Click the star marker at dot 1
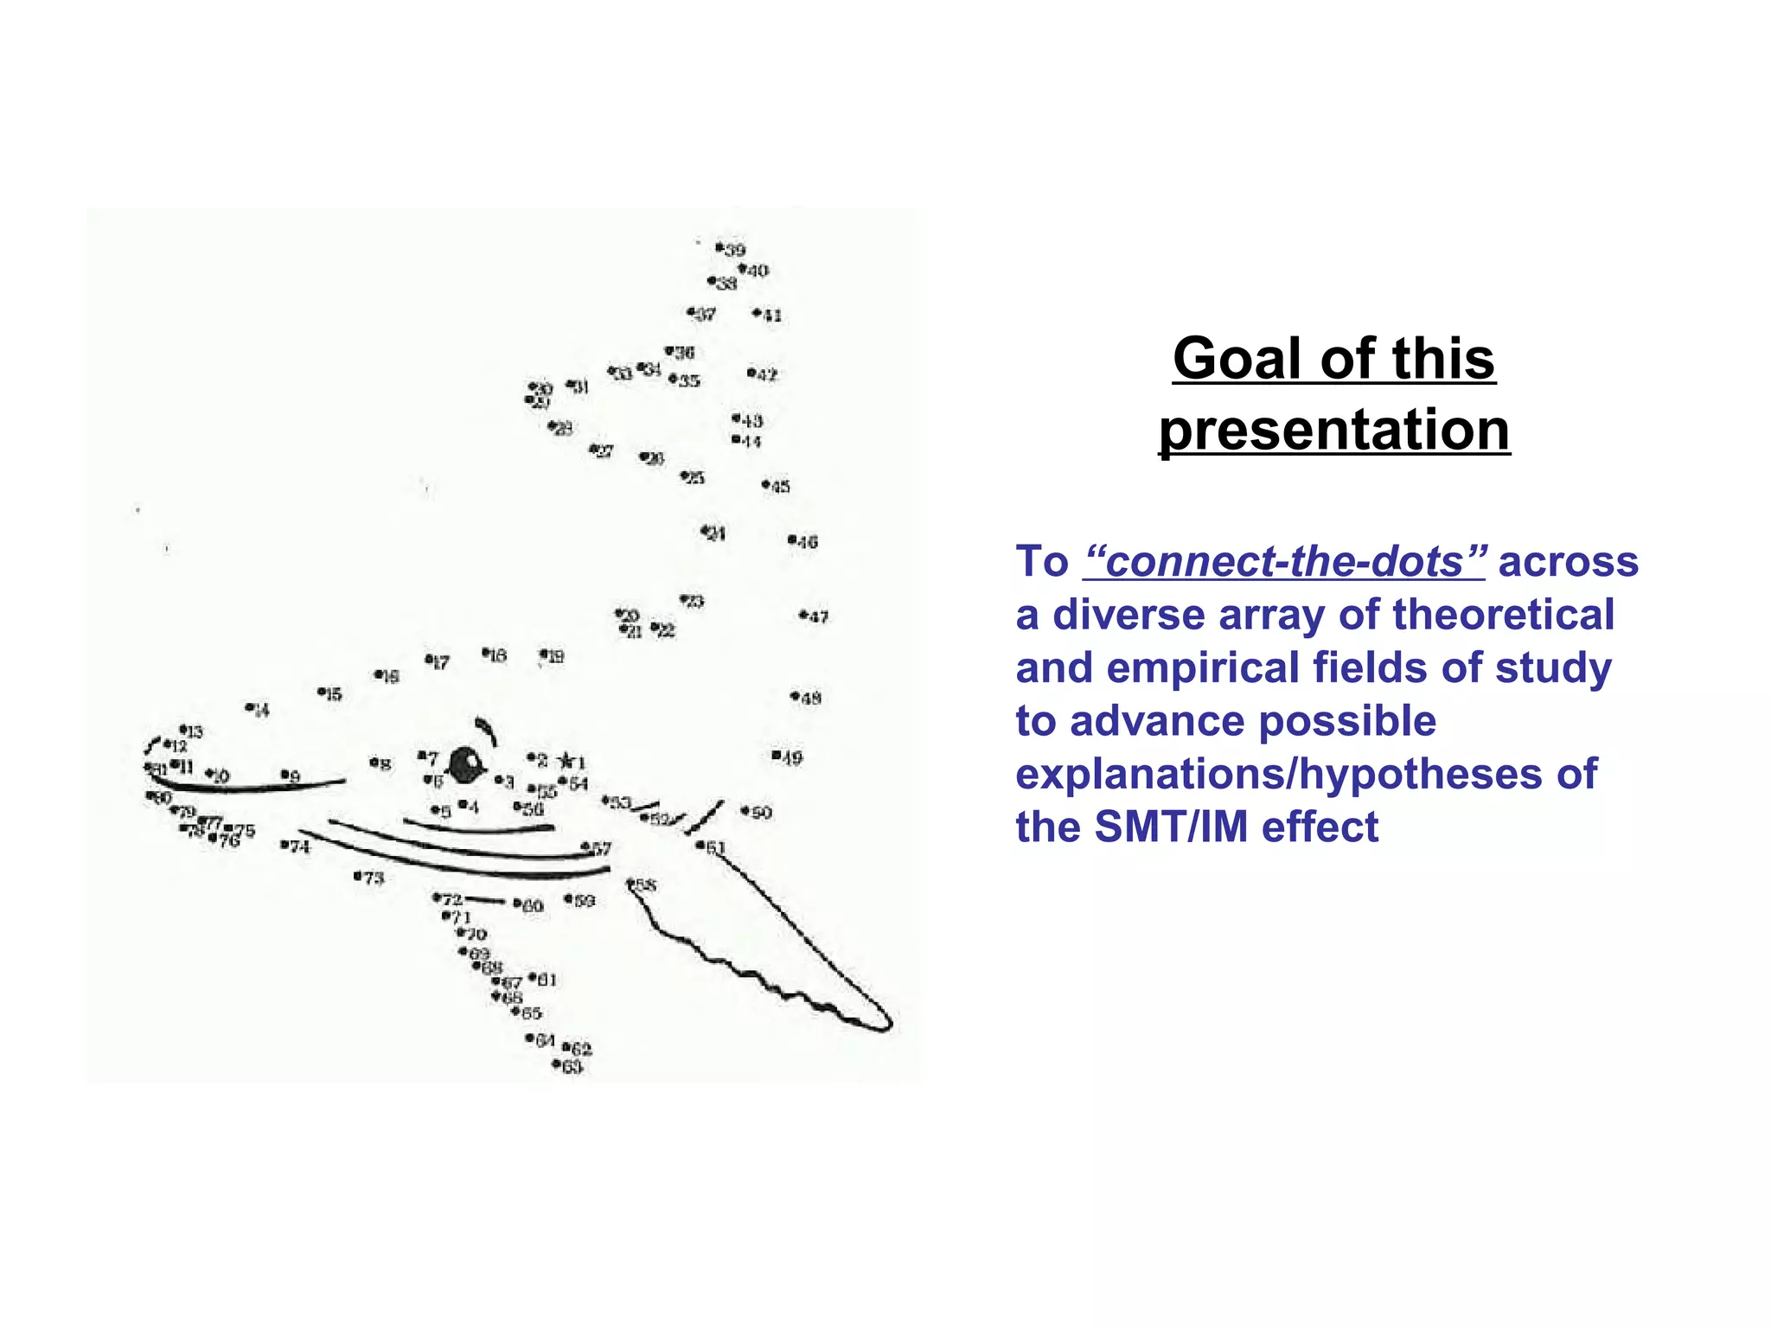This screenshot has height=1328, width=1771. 566,761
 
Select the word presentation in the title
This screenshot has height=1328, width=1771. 1334,430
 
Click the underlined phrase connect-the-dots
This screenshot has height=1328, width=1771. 1284,562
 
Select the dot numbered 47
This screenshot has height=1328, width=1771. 803,615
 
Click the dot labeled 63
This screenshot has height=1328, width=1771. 557,1063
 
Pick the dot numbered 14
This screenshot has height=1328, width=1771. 249,707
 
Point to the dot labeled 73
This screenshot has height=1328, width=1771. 358,876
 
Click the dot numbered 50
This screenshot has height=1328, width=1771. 745,810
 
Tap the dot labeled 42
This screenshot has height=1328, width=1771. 751,373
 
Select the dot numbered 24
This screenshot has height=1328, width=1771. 705,530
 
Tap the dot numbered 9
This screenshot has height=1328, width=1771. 284,774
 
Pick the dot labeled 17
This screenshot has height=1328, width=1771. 429,659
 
